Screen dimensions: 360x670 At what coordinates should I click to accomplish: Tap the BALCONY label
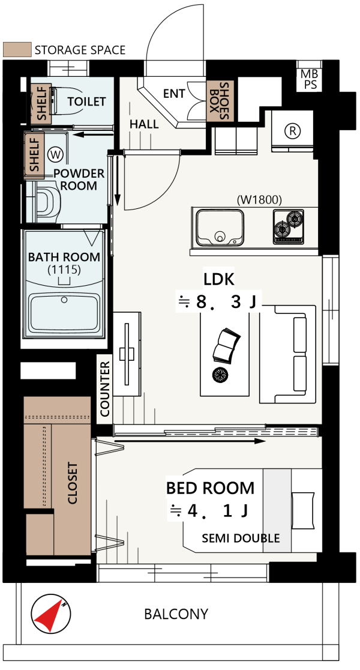[176, 614]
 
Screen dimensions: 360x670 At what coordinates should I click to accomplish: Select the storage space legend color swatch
[17, 50]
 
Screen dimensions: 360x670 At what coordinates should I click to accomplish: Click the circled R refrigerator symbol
[293, 130]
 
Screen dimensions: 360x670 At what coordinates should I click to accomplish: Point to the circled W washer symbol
[55, 155]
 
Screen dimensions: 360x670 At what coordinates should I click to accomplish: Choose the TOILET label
[86, 101]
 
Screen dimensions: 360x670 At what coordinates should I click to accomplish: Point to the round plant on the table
[220, 374]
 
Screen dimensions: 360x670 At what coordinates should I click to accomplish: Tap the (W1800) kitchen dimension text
[259, 199]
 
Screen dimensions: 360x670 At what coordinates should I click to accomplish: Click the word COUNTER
[105, 389]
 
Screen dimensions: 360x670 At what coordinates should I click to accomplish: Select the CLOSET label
[73, 483]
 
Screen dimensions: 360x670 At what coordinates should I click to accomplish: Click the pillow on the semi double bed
[304, 510]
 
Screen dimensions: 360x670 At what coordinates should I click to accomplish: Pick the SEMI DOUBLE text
[241, 538]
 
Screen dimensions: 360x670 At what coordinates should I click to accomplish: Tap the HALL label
[144, 124]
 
